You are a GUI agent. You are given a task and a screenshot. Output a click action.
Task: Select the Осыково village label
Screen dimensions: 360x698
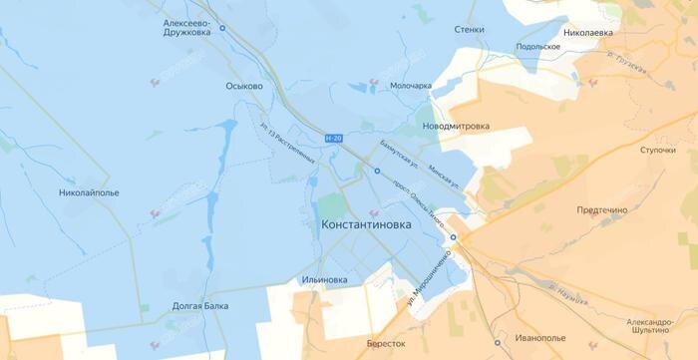click(x=243, y=87)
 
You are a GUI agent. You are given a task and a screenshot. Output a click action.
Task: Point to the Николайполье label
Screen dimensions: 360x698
click(x=88, y=190)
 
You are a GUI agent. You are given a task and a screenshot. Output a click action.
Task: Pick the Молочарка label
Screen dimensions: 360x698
click(x=410, y=86)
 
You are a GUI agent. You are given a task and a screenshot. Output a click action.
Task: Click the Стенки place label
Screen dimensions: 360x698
click(x=469, y=30)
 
